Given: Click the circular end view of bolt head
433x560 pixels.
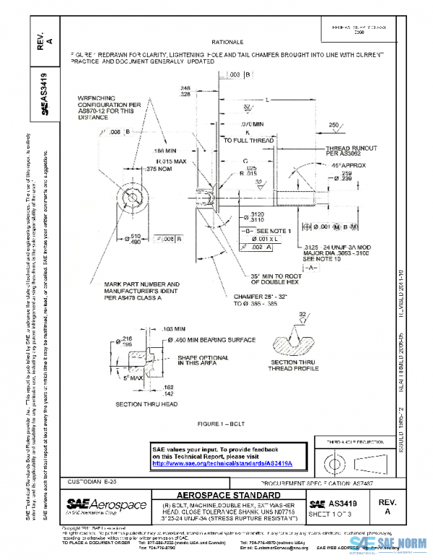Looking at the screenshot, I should coord(134,196).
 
